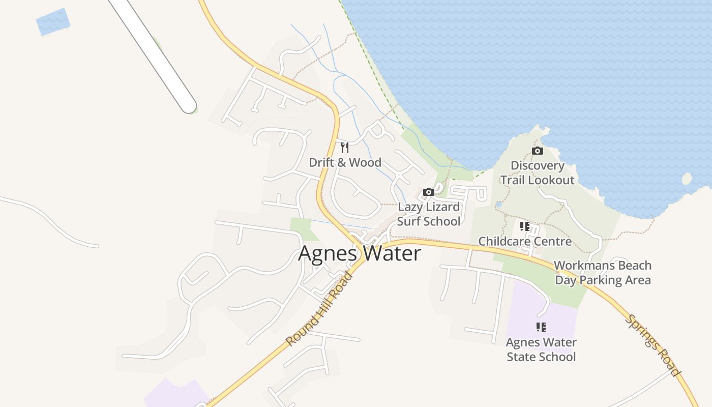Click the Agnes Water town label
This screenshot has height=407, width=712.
360,253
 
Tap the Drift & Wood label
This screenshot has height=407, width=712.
345,162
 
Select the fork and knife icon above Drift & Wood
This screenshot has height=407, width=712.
345,148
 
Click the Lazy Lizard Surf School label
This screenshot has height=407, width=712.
429,214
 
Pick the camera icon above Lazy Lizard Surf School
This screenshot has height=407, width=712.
429,192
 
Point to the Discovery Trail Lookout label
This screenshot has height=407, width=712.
538,172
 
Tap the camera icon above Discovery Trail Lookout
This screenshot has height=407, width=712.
537,151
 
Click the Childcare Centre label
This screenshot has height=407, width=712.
525,241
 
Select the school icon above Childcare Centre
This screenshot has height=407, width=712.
525,226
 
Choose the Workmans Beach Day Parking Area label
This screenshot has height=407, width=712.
603,273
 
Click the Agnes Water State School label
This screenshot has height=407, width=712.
541,350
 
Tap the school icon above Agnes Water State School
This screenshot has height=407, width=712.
541,327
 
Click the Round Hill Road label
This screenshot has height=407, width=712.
319,309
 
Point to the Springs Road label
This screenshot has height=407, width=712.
654,345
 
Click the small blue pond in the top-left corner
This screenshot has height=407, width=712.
53,22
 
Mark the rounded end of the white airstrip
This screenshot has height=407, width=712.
188,105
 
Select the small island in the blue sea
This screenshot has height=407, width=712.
687,179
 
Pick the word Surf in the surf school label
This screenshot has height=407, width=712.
411,221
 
